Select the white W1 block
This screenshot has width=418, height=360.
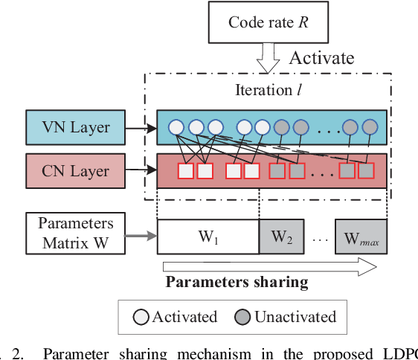(208, 238)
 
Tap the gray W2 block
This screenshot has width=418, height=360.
(280, 238)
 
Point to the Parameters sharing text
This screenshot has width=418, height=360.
(236, 281)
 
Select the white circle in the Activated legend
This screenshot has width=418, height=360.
(142, 317)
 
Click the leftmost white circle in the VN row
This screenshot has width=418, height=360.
(177, 126)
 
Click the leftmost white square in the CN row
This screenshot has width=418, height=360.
(186, 172)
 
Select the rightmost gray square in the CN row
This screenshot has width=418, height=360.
(366, 172)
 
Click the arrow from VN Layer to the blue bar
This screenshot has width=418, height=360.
(141, 127)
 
